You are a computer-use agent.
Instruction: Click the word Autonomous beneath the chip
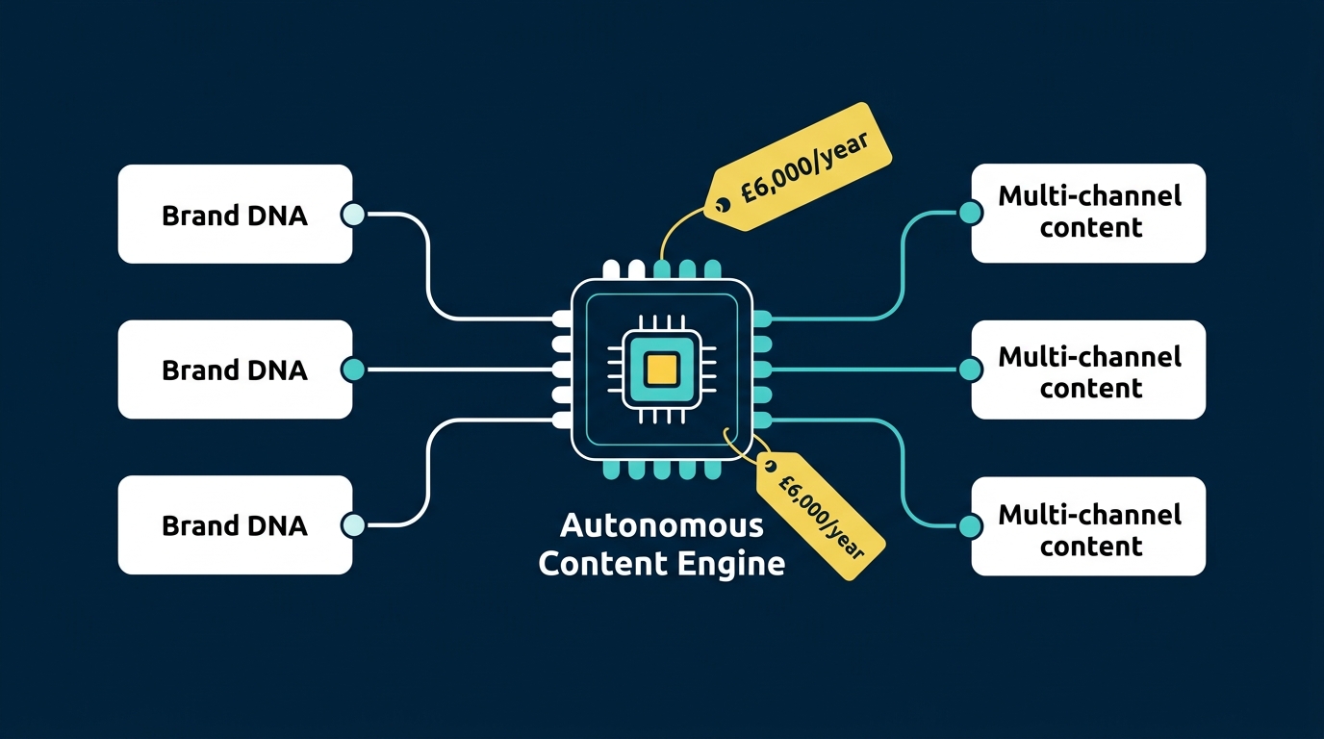[661, 527]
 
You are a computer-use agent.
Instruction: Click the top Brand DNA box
[235, 214]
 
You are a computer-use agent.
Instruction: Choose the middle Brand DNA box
[235, 369]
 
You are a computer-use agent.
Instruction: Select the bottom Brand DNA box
[235, 525]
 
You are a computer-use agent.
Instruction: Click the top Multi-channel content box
[1088, 213]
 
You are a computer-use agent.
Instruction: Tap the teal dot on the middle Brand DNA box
[353, 369]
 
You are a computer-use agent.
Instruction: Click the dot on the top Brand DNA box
[353, 215]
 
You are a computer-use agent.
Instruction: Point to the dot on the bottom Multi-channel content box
[971, 525]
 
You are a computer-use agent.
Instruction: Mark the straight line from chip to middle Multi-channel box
[866, 369]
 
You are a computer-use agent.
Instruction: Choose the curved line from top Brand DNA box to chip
[426, 269]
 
